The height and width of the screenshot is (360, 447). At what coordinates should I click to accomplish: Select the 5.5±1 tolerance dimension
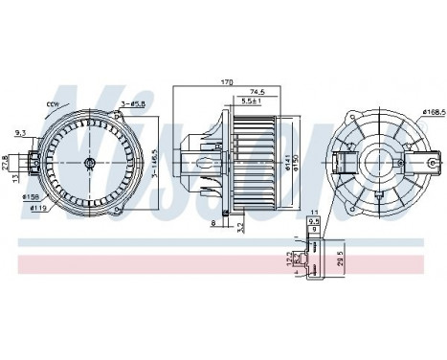(253, 101)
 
